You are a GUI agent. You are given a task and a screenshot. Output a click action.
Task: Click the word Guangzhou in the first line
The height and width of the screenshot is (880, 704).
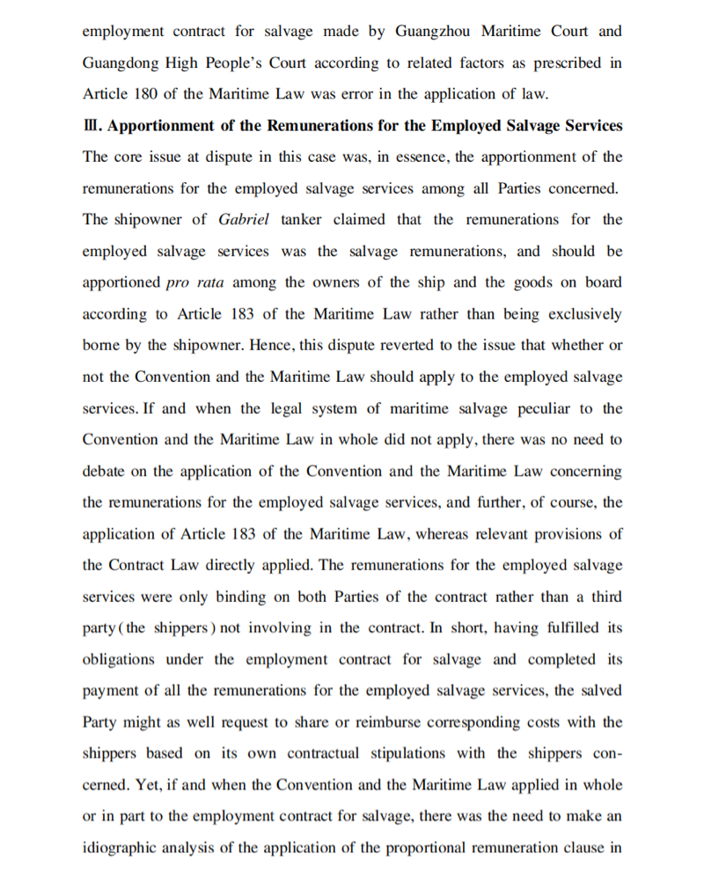tap(432, 32)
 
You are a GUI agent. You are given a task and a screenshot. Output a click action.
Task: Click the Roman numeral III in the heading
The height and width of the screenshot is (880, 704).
tap(91, 126)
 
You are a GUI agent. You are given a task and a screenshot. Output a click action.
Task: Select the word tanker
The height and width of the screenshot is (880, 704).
tap(302, 220)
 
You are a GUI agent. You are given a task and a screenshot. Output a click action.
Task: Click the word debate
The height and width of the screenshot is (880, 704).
tap(103, 472)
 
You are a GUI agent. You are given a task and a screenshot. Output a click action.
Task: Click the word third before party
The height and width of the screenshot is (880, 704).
tap(604, 597)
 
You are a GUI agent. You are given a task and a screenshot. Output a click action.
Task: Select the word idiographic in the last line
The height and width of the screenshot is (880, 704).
tap(120, 848)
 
